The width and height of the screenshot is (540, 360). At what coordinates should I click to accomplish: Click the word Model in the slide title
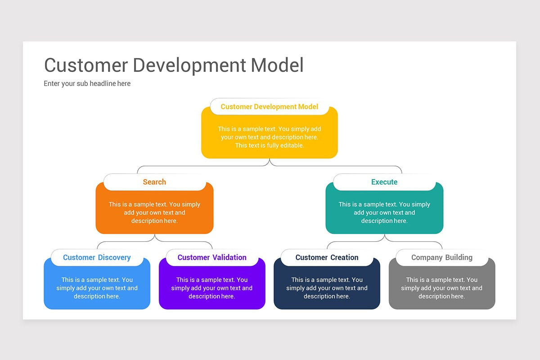[277, 65]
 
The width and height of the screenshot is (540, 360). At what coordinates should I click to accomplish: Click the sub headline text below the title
[87, 83]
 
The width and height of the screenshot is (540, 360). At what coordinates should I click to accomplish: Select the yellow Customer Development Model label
[269, 107]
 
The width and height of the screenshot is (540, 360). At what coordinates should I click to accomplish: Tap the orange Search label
[154, 182]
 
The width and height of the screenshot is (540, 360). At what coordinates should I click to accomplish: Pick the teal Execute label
[384, 182]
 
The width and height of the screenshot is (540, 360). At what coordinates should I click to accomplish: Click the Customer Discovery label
[97, 257]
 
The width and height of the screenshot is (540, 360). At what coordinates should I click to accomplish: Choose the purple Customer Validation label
[212, 257]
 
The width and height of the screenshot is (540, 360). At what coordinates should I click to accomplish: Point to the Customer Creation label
[327, 257]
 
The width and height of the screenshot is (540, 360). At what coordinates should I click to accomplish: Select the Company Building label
[441, 257]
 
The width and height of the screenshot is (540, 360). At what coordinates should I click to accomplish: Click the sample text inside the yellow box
[269, 137]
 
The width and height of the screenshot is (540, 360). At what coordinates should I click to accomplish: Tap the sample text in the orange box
[154, 212]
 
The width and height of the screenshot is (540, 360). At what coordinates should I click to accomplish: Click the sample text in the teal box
[384, 212]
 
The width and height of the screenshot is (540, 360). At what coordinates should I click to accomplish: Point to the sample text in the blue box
[97, 288]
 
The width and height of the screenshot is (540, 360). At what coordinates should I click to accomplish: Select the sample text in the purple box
[212, 288]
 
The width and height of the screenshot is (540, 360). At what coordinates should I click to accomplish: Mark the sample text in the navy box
[327, 288]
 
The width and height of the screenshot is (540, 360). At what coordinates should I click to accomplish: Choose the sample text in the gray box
[441, 288]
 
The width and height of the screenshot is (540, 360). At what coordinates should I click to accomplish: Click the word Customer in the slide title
[85, 65]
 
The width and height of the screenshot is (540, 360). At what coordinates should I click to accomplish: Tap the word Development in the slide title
[189, 65]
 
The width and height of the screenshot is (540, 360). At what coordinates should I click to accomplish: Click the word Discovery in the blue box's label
[114, 257]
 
